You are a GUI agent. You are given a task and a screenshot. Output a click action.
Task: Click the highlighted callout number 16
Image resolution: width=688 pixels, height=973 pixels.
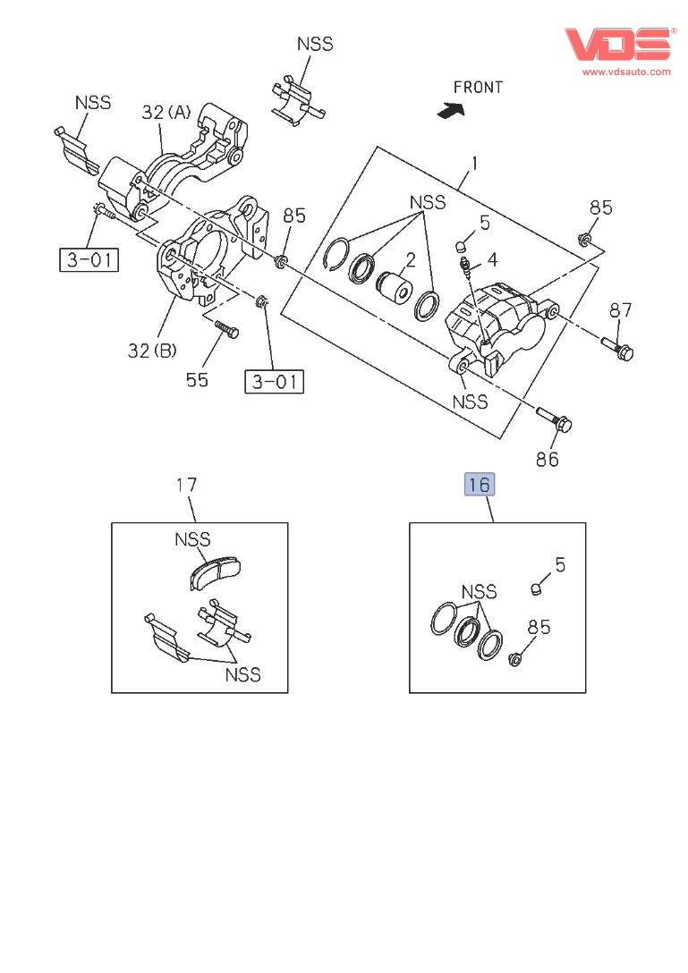pyautogui.click(x=479, y=485)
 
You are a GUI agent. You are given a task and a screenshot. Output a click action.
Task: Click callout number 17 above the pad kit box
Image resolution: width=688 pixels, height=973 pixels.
pyautogui.click(x=186, y=486)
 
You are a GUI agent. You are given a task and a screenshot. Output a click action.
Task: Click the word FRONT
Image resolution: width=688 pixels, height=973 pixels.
pyautogui.click(x=478, y=88)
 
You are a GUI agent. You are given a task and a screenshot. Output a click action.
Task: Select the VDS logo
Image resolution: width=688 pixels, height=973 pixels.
pyautogui.click(x=617, y=44)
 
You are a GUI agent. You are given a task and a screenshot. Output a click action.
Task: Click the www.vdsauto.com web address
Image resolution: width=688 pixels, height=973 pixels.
pyautogui.click(x=626, y=72)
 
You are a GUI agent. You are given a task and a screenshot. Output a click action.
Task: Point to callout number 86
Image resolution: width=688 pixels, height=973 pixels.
pyautogui.click(x=547, y=459)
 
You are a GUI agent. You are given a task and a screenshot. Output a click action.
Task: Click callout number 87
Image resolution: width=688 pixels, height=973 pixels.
pyautogui.click(x=621, y=310)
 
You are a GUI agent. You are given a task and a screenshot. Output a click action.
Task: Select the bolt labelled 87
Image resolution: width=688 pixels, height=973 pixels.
pyautogui.click(x=616, y=348)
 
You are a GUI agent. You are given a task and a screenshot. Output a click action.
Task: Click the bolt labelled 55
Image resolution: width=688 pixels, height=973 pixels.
pyautogui.click(x=226, y=329)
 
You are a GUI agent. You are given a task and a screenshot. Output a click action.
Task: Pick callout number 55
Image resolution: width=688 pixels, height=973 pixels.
pyautogui.click(x=197, y=379)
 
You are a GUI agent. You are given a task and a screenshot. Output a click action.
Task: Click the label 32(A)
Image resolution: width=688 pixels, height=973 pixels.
pyautogui.click(x=166, y=113)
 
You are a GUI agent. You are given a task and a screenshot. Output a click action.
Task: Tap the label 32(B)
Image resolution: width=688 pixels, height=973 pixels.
pyautogui.click(x=152, y=351)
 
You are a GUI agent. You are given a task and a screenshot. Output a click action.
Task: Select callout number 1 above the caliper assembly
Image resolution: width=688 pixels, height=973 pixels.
pyautogui.click(x=474, y=164)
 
